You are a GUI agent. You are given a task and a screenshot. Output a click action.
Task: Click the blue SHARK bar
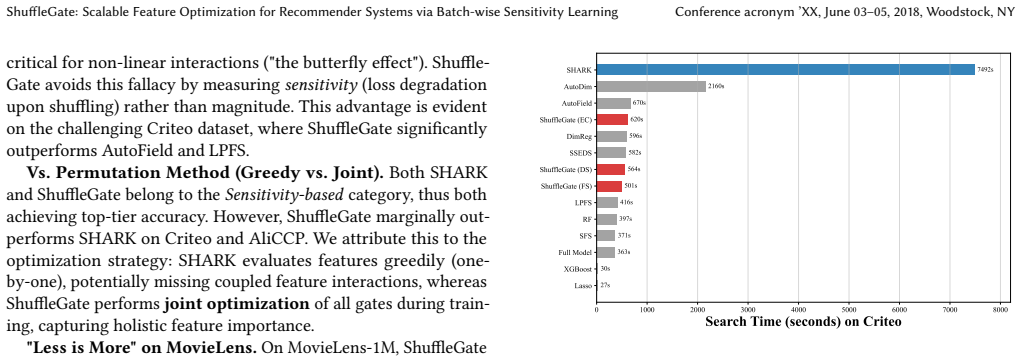785,69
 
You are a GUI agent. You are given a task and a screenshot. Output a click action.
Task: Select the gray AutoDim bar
651,86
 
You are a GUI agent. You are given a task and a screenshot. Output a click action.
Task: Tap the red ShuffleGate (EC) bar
612,120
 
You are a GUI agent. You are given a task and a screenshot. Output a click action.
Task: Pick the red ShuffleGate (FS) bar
609,187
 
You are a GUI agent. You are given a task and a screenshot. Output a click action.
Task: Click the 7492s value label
985,70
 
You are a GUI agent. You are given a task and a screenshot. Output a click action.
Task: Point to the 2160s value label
716,87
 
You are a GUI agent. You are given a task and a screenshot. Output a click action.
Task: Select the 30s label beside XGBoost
605,268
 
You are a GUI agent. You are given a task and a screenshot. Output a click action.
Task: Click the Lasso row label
582,285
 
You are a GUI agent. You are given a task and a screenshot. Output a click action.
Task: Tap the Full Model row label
575,252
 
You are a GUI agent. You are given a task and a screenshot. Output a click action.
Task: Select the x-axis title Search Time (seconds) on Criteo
803,322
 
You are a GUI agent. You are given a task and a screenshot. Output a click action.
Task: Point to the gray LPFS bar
607,203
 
